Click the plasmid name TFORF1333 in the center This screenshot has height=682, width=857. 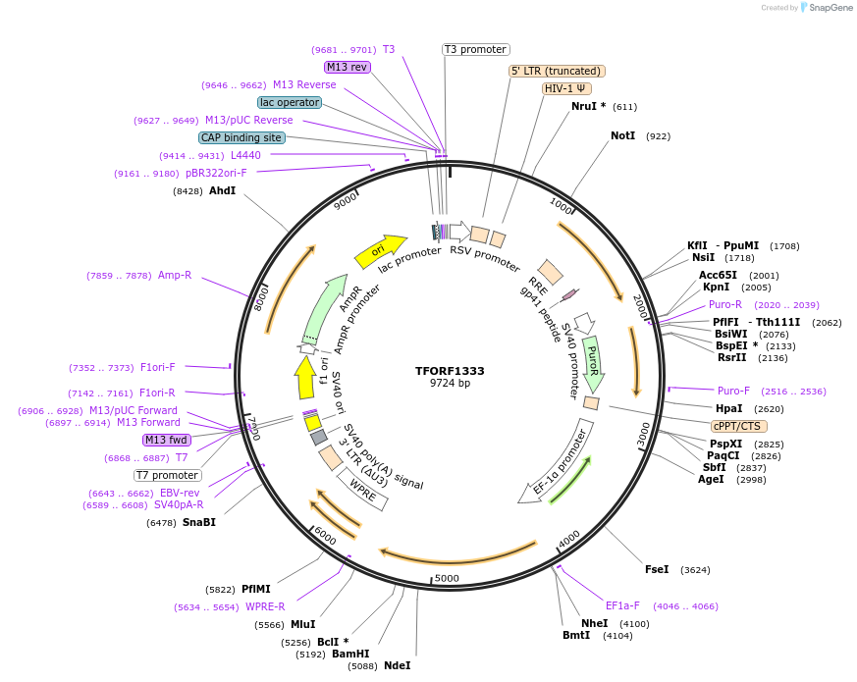450,371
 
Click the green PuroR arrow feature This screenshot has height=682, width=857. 592,364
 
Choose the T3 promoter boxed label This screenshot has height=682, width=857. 475,49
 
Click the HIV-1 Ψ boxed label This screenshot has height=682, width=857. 567,88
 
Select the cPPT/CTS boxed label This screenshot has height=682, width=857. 739,426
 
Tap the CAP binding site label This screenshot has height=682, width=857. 241,138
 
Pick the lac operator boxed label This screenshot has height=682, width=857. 290,102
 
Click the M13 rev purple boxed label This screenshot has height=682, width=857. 347,67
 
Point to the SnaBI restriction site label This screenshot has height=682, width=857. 198,522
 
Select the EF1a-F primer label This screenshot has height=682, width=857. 622,605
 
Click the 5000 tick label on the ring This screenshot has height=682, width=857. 447,578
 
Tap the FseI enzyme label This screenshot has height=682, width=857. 657,569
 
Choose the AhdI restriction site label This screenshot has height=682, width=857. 222,190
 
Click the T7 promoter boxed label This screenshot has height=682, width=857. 167,475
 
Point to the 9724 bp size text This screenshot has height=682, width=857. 450,384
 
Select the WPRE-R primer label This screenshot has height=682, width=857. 265,606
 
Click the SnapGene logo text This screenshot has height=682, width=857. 830,8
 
